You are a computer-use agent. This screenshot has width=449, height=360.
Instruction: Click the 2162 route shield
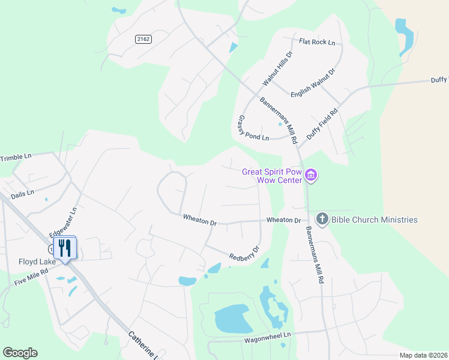pyautogui.click(x=143, y=39)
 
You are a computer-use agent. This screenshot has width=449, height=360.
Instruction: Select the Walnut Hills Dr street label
pyautogui.click(x=277, y=68)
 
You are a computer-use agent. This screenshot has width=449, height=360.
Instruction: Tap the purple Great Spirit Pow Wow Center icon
pyautogui.click(x=311, y=176)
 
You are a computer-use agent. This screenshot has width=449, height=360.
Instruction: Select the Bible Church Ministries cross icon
pyautogui.click(x=322, y=219)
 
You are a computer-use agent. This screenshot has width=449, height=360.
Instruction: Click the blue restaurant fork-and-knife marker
pyautogui.click(x=63, y=247)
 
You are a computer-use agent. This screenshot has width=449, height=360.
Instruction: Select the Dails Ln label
pyautogui.click(x=23, y=194)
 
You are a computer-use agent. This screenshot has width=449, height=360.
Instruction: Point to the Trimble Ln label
pyautogui.click(x=16, y=157)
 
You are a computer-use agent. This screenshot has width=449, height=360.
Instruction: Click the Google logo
pyautogui.click(x=20, y=353)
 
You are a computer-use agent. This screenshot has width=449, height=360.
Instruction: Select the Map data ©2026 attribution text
pyautogui.click(x=423, y=355)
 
